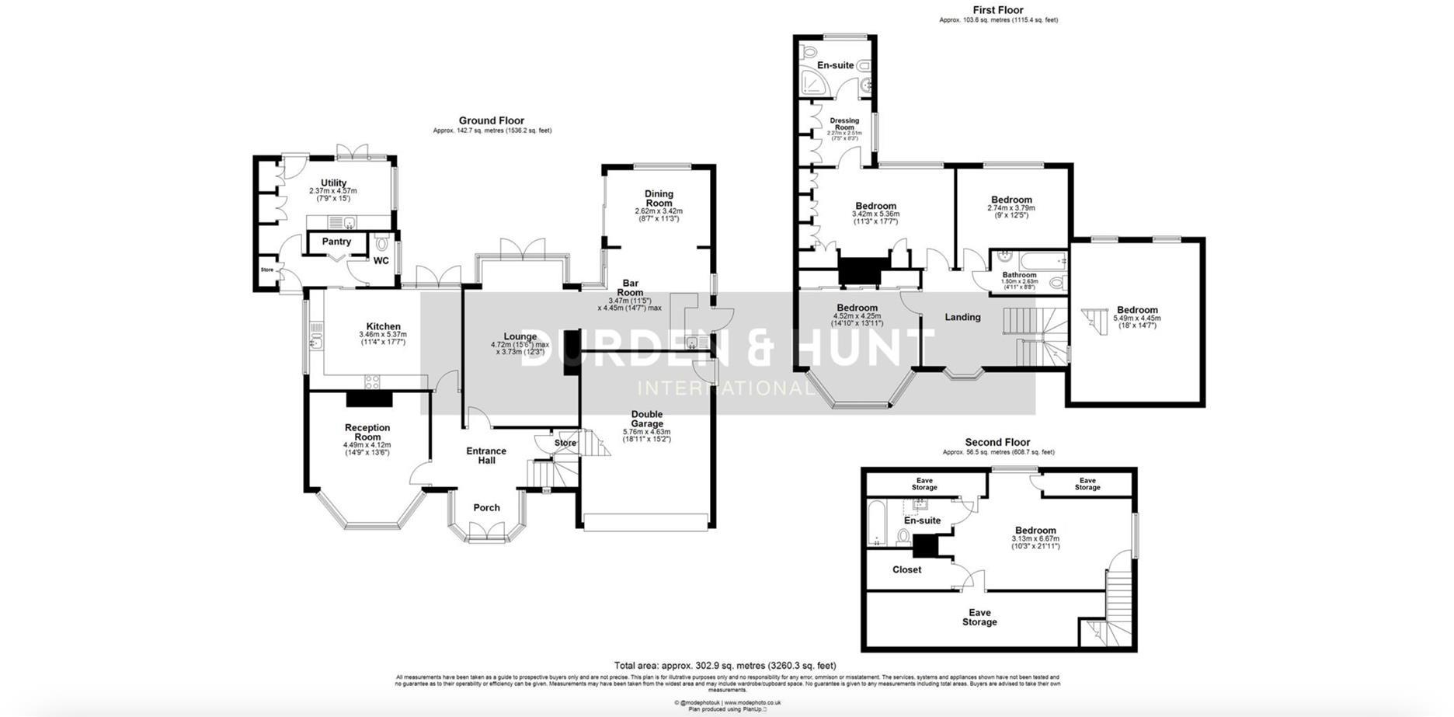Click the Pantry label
(x=336, y=242)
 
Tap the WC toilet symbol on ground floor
(x=381, y=243)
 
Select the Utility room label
(x=333, y=183)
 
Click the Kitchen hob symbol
(x=371, y=381)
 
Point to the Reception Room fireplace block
(x=369, y=399)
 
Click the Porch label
(x=487, y=508)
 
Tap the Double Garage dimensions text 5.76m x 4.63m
(x=646, y=432)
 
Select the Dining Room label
(x=659, y=198)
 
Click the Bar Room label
(x=630, y=288)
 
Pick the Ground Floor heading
(x=491, y=120)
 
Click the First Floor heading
(x=998, y=10)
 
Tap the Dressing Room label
(x=844, y=124)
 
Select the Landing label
(x=962, y=317)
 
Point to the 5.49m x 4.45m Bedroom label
(x=1137, y=310)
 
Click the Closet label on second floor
(x=906, y=569)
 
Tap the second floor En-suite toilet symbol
(x=903, y=536)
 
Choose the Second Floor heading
(x=997, y=442)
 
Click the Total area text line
(x=725, y=666)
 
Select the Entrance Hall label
(x=486, y=455)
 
